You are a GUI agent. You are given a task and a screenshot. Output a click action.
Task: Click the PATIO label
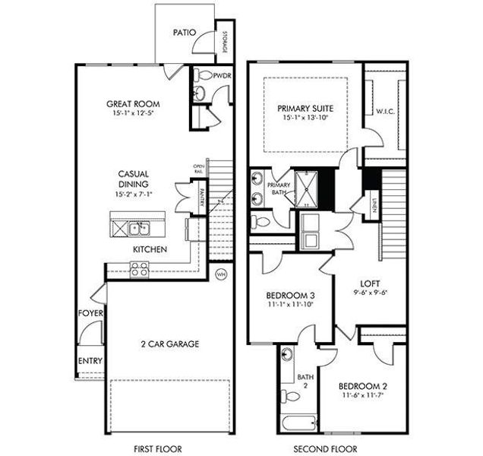click(x=185, y=33)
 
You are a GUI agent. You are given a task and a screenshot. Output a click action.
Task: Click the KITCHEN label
click(x=150, y=249)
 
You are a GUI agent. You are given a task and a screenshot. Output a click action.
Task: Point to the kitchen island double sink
click(x=139, y=227)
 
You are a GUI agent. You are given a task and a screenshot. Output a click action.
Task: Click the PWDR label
click(x=223, y=76)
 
